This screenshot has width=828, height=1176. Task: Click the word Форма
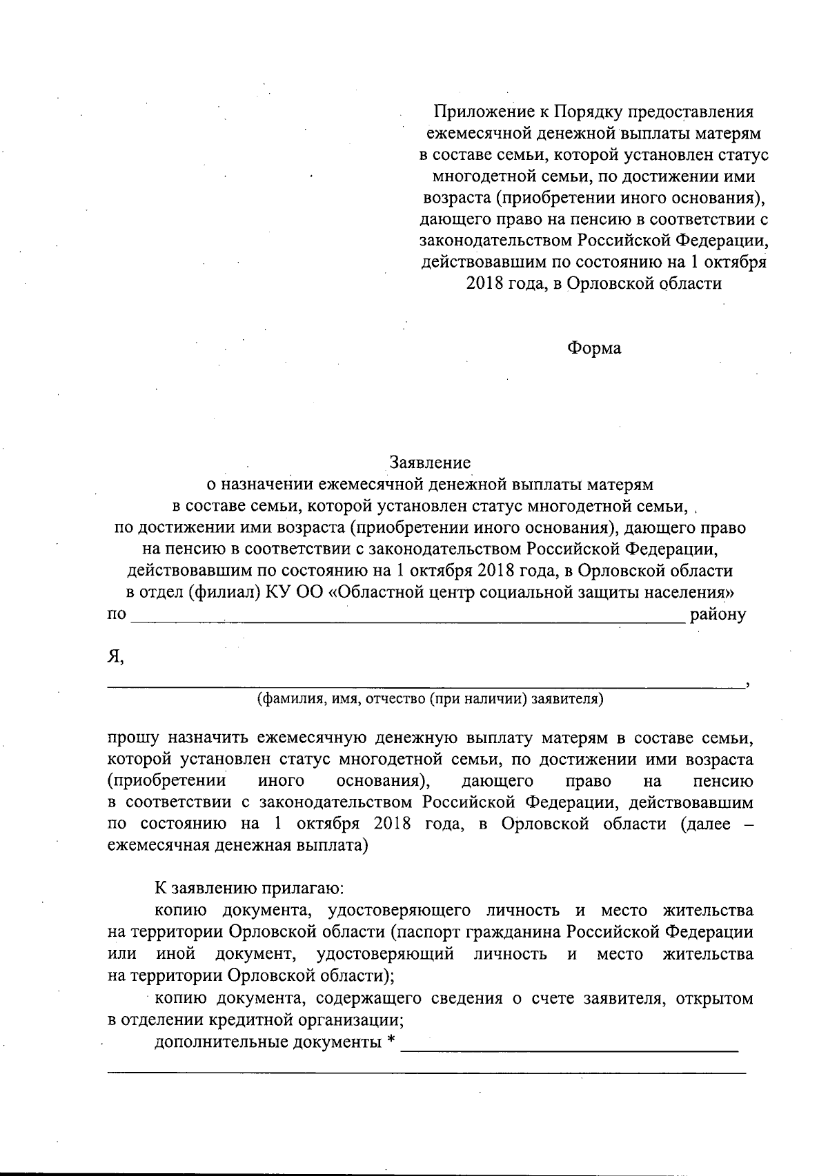click(593, 349)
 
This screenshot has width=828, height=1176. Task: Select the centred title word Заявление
click(430, 461)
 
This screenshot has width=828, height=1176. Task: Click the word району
click(718, 614)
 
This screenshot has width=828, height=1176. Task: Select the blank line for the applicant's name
click(424, 685)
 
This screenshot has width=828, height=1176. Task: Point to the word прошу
click(134, 739)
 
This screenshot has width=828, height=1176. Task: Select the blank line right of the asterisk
click(569, 1048)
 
